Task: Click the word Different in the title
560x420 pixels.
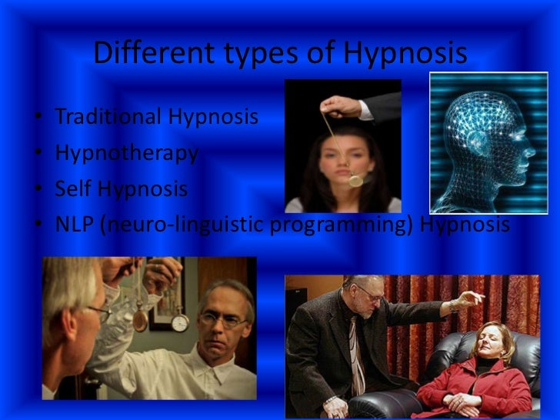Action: pyautogui.click(x=146, y=53)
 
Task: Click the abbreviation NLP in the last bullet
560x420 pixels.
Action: pyautogui.click(x=74, y=225)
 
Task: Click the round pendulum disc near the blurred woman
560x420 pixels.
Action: pyautogui.click(x=355, y=180)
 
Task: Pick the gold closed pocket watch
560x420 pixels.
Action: pyautogui.click(x=140, y=318)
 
